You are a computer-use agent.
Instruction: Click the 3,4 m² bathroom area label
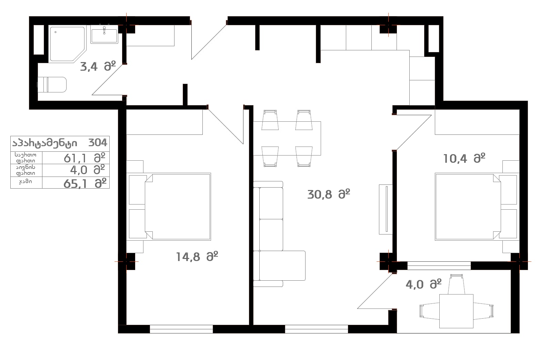click(98, 67)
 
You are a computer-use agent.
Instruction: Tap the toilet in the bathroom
click(52, 84)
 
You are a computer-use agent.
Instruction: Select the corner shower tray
click(67, 44)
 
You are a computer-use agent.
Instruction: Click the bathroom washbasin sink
click(104, 35)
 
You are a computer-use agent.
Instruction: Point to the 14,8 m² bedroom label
click(197, 257)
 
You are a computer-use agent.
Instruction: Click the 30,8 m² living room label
click(329, 194)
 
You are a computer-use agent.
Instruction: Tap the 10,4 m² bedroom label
click(464, 158)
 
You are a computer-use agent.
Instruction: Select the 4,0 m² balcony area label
click(423, 284)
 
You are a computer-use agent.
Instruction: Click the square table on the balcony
click(456, 311)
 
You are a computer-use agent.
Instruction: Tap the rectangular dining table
click(287, 139)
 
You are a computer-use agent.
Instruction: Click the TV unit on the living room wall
click(386, 210)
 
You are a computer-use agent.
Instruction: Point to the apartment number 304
click(98, 143)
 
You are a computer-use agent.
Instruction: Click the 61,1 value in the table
click(75, 158)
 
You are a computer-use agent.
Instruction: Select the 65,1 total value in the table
click(75, 184)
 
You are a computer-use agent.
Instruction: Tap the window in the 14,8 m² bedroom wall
click(181, 329)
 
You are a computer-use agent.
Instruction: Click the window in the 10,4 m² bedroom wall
click(439, 266)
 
